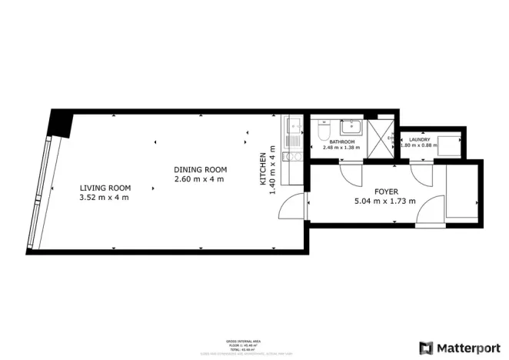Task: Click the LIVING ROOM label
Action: coord(105,188)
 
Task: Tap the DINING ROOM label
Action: coord(200,169)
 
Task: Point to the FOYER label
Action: coord(386,192)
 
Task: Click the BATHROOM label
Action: coord(342,142)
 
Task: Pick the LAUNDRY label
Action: coord(419,139)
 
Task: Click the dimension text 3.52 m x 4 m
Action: coord(105,198)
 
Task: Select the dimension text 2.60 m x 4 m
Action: coord(200,179)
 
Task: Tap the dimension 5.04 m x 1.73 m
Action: coord(384,202)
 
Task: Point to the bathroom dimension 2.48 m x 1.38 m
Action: coord(342,148)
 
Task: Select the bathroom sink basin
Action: coord(354,126)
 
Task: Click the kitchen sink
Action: coord(294,125)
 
